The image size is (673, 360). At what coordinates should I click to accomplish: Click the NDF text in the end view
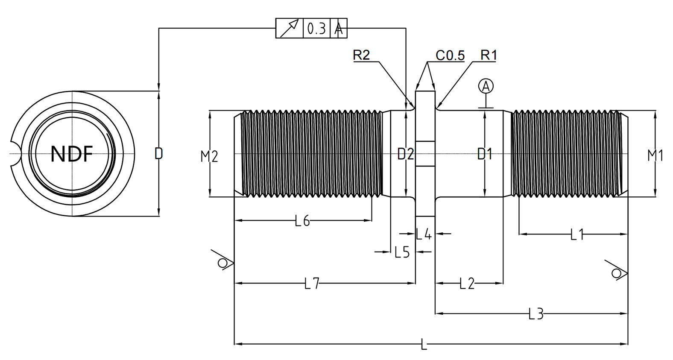[x=71, y=154]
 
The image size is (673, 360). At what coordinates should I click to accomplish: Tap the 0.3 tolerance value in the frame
[x=317, y=29]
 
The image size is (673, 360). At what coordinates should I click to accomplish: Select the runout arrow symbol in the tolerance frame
[x=290, y=28]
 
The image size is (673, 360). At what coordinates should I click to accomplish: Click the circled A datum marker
[x=486, y=86]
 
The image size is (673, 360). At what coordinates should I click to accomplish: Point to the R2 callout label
[x=361, y=55]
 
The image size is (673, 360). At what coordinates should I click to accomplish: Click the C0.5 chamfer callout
[x=450, y=55]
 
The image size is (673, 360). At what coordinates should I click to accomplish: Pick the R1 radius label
[x=489, y=55]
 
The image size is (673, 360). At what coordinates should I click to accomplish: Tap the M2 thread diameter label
[x=209, y=156]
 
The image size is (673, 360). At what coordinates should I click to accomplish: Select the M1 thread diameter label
[x=655, y=155]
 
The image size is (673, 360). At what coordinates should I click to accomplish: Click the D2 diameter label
[x=406, y=154]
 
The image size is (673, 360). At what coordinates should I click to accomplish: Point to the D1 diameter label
[x=485, y=154]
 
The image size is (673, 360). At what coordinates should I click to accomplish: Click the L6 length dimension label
[x=302, y=221]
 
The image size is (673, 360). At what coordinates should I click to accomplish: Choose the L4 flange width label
[x=424, y=234]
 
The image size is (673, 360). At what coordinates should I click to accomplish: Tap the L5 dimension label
[x=402, y=252]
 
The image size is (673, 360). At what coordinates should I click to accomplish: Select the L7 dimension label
[x=312, y=283]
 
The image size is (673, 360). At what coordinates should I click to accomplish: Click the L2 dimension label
[x=467, y=283]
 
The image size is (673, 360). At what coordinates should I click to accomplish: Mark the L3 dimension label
[x=536, y=314]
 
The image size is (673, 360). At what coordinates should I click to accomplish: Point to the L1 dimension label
[x=577, y=234]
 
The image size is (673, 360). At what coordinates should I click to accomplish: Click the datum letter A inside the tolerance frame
[x=339, y=29]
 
